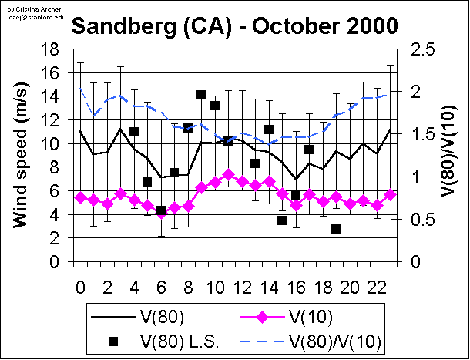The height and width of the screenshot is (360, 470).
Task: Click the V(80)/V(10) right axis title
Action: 446,155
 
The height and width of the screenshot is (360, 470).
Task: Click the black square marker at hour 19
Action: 336,229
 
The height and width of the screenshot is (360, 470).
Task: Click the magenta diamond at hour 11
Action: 228,175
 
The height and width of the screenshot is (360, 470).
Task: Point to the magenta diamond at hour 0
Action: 80,197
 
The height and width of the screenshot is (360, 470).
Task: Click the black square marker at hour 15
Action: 282,220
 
